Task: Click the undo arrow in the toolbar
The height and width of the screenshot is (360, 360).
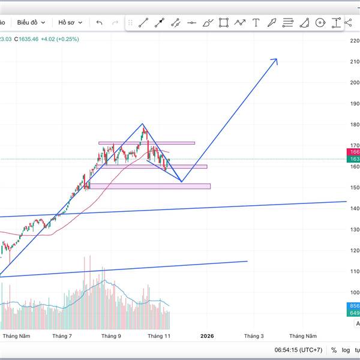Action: (100, 23)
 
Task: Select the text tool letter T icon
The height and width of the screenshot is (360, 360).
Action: (256, 23)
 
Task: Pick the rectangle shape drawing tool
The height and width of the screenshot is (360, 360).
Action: (224, 23)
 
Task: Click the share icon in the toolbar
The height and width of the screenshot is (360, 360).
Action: (349, 23)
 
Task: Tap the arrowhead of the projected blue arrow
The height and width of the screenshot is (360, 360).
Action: (275, 60)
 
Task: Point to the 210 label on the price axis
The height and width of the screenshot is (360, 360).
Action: (354, 62)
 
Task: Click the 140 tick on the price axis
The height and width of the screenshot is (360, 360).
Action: (354, 209)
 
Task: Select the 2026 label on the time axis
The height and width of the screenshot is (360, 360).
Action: (208, 336)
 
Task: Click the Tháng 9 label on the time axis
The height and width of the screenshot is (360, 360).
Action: (111, 336)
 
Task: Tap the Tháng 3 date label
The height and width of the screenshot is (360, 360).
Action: (254, 336)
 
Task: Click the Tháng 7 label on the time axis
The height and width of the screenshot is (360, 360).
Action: (62, 336)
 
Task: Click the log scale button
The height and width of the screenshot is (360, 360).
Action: (346, 350)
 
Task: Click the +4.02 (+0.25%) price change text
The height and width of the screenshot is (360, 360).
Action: (59, 39)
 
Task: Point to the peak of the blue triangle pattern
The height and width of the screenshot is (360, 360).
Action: (143, 124)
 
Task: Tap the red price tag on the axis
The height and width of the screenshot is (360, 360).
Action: (354, 153)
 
